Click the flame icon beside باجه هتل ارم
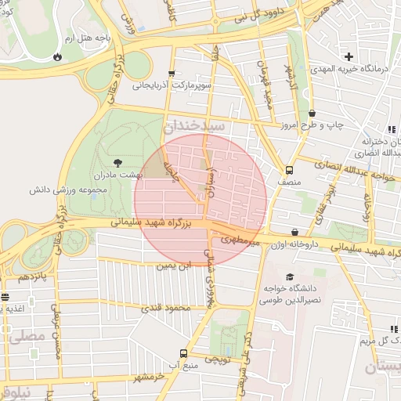click(x=56, y=56)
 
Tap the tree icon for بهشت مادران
click(x=117, y=162)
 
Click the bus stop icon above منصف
click(x=290, y=169)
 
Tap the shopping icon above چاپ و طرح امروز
click(x=312, y=113)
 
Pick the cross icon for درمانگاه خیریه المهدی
click(x=349, y=56)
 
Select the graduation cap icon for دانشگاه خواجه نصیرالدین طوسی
click(x=290, y=277)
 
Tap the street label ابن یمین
click(x=173, y=266)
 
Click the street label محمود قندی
click(x=165, y=308)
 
